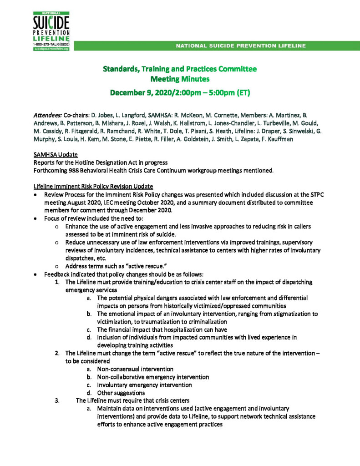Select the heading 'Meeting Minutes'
point(179,79)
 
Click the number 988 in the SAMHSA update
point(74,171)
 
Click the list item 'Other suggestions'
point(121,393)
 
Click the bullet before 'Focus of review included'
point(36,218)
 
